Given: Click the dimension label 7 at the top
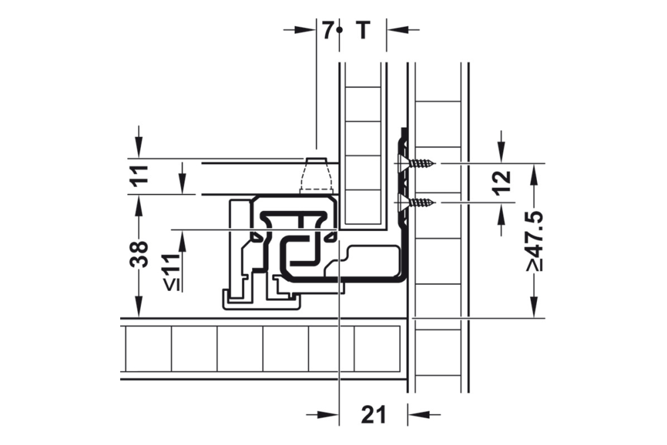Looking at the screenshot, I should point(327,30).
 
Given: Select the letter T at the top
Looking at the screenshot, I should point(362,30).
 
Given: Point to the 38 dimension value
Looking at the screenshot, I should point(138,253).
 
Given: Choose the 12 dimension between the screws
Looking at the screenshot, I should point(504,181).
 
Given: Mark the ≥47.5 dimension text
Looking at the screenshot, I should point(533,241).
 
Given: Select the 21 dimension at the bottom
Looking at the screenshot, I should point(374,415).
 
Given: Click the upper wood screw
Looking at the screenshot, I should point(421,163).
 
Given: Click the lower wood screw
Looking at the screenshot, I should point(421,201).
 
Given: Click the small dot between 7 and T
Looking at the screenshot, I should point(340,30).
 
